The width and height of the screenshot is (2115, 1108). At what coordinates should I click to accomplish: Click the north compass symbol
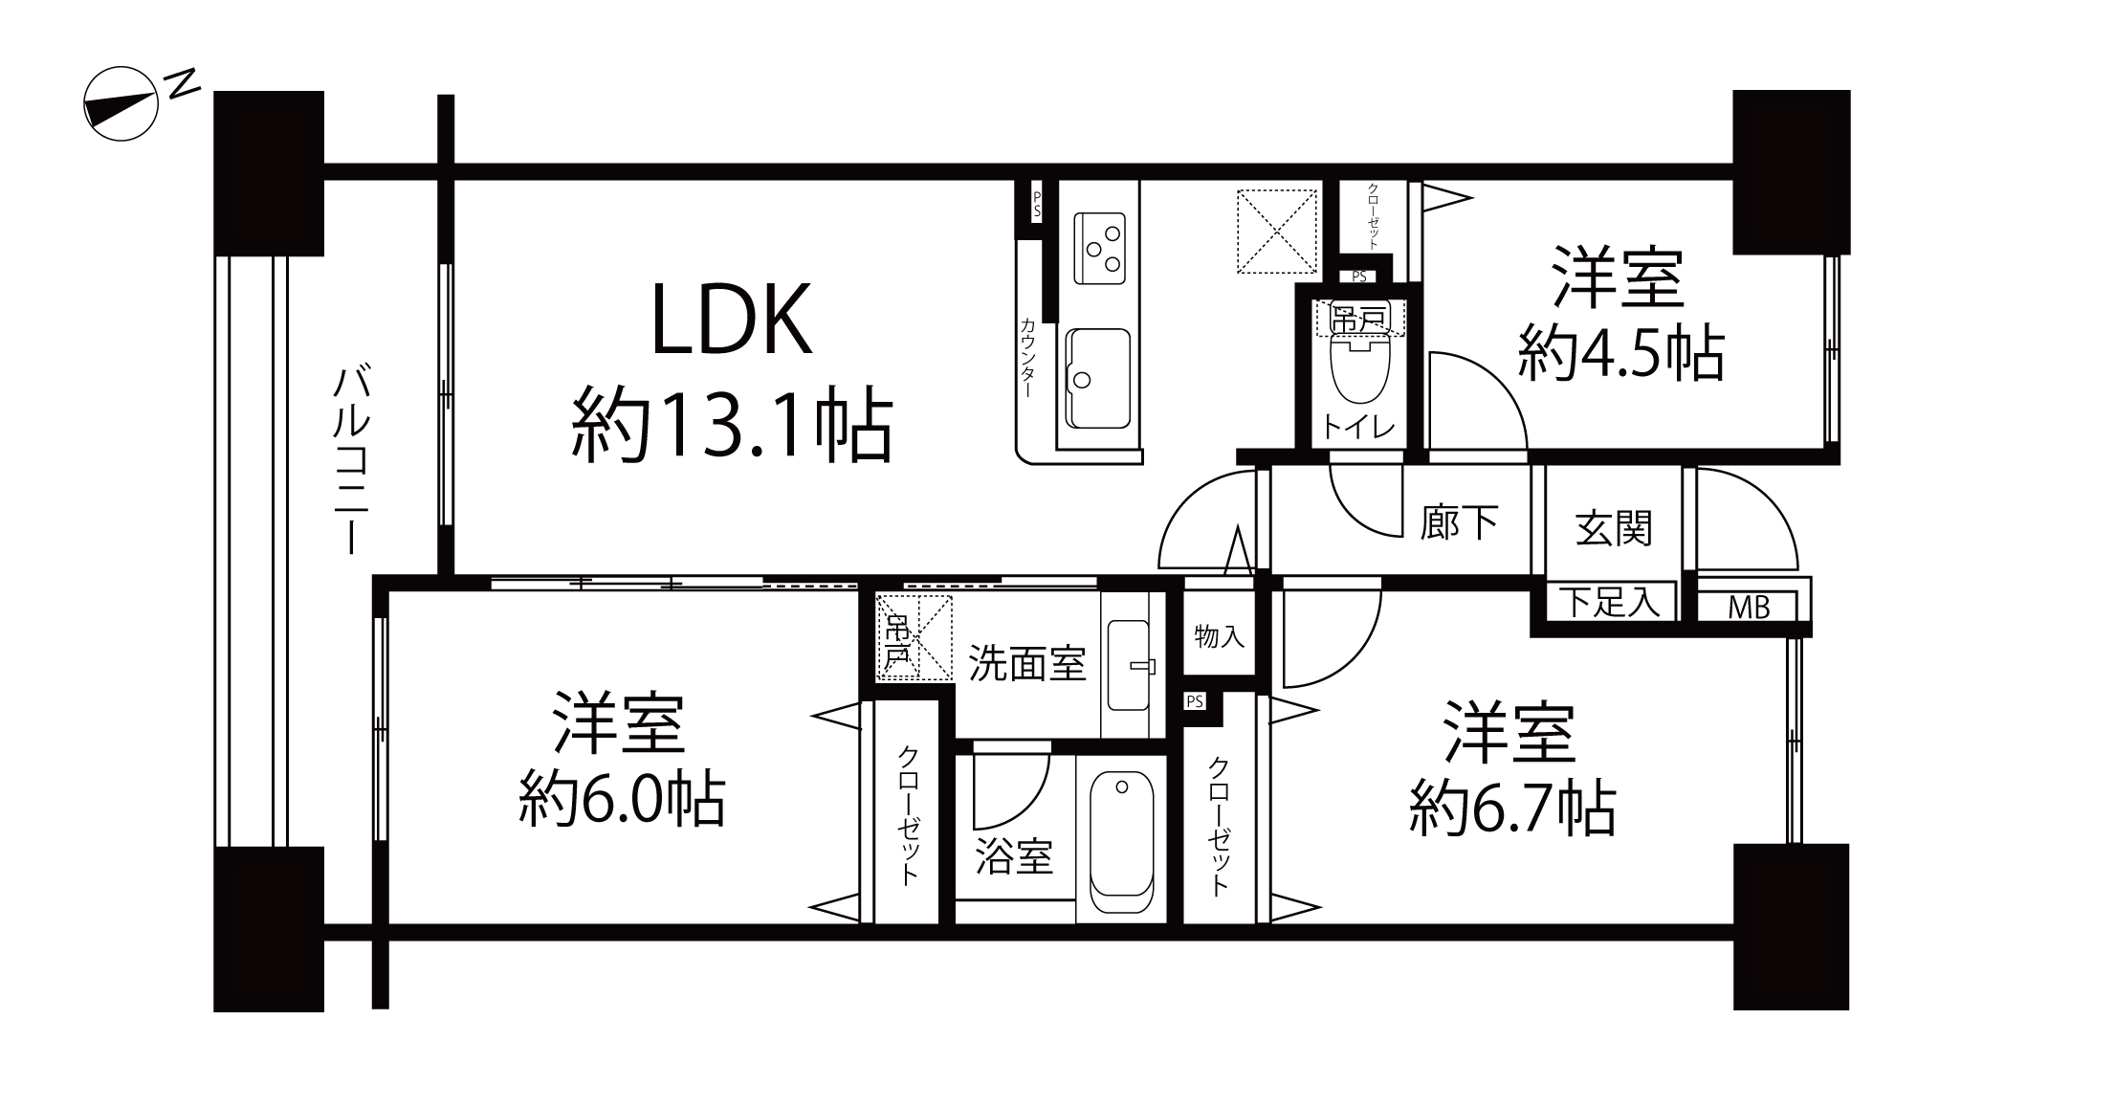click(121, 104)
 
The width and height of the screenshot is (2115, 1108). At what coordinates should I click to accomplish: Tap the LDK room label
click(732, 320)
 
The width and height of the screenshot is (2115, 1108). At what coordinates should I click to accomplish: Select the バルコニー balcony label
click(352, 459)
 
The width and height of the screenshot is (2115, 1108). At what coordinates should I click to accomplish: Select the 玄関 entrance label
click(1614, 527)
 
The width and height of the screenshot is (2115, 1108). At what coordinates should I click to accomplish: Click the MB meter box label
click(1749, 607)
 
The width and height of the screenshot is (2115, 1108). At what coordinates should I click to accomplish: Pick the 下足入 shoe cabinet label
click(1611, 602)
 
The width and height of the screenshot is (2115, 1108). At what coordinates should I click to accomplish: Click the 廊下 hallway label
click(1459, 522)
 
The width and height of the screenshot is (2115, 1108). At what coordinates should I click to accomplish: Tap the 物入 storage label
click(1220, 635)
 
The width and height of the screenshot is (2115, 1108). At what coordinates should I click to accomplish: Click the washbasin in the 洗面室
click(1129, 665)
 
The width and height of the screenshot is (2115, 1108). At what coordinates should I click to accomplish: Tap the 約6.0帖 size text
click(623, 798)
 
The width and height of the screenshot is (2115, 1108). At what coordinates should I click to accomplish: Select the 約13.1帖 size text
click(732, 427)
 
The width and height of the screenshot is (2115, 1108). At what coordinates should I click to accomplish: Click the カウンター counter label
click(1027, 357)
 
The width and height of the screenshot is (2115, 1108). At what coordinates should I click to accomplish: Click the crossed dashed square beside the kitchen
click(1277, 231)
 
